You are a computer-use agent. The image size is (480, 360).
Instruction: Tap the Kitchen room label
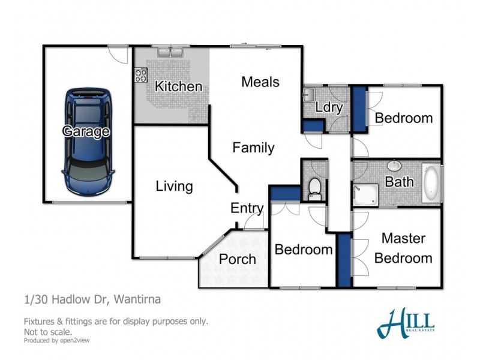pyautogui.click(x=178, y=86)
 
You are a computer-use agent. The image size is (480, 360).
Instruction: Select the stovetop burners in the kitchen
pyautogui.click(x=141, y=75)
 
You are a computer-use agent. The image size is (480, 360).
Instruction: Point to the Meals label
pyautogui.click(x=260, y=82)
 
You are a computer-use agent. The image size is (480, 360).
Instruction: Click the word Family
pyautogui.click(x=253, y=147)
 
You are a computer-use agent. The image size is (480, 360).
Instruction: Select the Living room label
pyautogui.click(x=174, y=186)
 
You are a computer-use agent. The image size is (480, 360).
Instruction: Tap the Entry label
pyautogui.click(x=247, y=208)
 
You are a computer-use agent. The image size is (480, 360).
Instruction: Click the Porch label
pyautogui.click(x=237, y=259)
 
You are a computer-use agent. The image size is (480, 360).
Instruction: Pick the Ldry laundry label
pyautogui.click(x=329, y=108)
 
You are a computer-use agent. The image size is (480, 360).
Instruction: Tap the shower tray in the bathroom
pyautogui.click(x=364, y=195)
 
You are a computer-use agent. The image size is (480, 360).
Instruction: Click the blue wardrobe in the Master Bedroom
pyautogui.click(x=344, y=260)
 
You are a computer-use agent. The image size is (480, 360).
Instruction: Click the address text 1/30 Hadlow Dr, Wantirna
pyautogui.click(x=92, y=299)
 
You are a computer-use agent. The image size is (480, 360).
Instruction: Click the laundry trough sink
pyautogui.click(x=310, y=95)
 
